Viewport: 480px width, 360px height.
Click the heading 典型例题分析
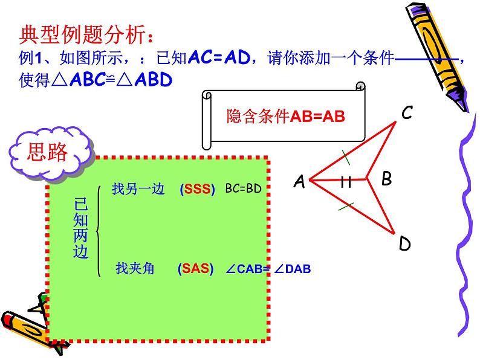click(82, 34)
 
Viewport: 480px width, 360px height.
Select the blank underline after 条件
click(426, 59)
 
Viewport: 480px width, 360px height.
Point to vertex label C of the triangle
click(407, 113)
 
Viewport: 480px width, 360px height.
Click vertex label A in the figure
click(299, 182)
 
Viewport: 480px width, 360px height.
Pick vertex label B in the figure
click(386, 179)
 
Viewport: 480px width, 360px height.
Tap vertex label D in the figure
click(404, 244)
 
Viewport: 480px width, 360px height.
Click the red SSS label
click(198, 190)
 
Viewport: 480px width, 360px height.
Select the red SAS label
click(196, 270)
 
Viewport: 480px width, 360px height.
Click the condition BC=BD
click(243, 189)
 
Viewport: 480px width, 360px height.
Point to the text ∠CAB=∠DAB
click(267, 270)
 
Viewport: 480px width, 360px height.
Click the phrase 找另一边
click(138, 189)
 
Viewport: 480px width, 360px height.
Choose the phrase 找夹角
click(135, 269)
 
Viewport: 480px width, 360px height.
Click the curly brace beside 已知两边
click(100, 229)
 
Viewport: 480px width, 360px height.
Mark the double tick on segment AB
click(346, 181)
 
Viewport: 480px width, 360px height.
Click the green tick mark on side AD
click(346, 207)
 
